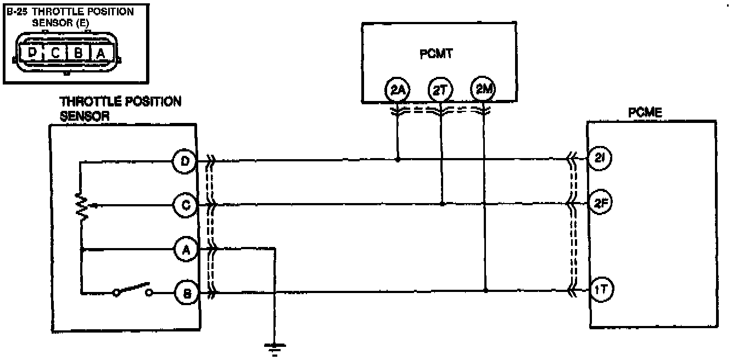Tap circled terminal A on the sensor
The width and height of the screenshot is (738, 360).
(x=185, y=250)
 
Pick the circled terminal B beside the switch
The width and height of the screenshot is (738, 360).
(x=185, y=293)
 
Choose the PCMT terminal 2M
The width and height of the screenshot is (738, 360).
(x=483, y=89)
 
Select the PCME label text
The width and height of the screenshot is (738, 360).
(x=645, y=113)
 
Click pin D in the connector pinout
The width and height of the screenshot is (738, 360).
(x=32, y=53)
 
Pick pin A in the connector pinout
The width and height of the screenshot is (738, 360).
(x=100, y=53)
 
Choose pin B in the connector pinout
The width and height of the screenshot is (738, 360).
(x=78, y=53)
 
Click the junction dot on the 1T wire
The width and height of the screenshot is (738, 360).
(x=485, y=290)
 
